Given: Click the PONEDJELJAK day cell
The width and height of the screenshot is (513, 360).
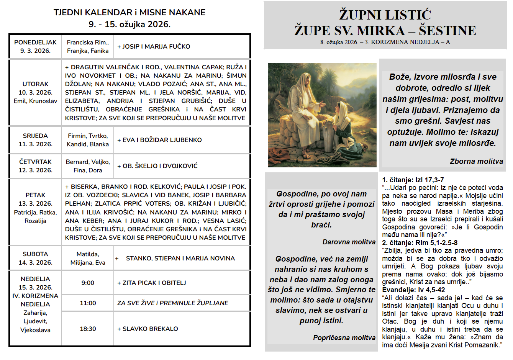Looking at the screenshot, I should pyautogui.click(x=35, y=46).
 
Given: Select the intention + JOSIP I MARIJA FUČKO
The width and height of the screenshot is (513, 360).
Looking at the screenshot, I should pyautogui.click(x=154, y=46).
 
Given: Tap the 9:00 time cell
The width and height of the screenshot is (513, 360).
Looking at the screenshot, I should pyautogui.click(x=88, y=283).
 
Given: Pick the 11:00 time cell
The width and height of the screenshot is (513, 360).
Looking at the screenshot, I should pyautogui.click(x=88, y=303).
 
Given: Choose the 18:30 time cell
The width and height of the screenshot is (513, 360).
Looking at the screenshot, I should pyautogui.click(x=88, y=329).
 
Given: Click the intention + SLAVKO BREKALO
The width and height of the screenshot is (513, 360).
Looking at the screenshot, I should pyautogui.click(x=148, y=329).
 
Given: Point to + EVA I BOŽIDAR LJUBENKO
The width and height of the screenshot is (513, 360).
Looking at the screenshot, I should pyautogui.click(x=159, y=140).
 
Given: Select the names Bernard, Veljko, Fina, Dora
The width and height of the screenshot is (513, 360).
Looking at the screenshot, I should pyautogui.click(x=88, y=166).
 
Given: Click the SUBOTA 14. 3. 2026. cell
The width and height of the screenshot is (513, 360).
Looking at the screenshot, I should pyautogui.click(x=35, y=258).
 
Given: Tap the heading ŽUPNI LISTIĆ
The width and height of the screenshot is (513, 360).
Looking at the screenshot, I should pyautogui.click(x=385, y=15).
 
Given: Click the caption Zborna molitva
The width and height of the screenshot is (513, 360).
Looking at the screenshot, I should pyautogui.click(x=476, y=161).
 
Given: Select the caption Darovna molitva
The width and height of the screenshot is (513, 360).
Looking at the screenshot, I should pyautogui.click(x=349, y=242).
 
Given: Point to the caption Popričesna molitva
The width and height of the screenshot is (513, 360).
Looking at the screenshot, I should pyautogui.click(x=344, y=337).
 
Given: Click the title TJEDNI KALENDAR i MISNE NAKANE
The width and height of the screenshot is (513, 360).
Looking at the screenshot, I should pyautogui.click(x=129, y=12).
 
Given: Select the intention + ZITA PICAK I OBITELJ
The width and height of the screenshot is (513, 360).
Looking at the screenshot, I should pyautogui.click(x=152, y=283).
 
